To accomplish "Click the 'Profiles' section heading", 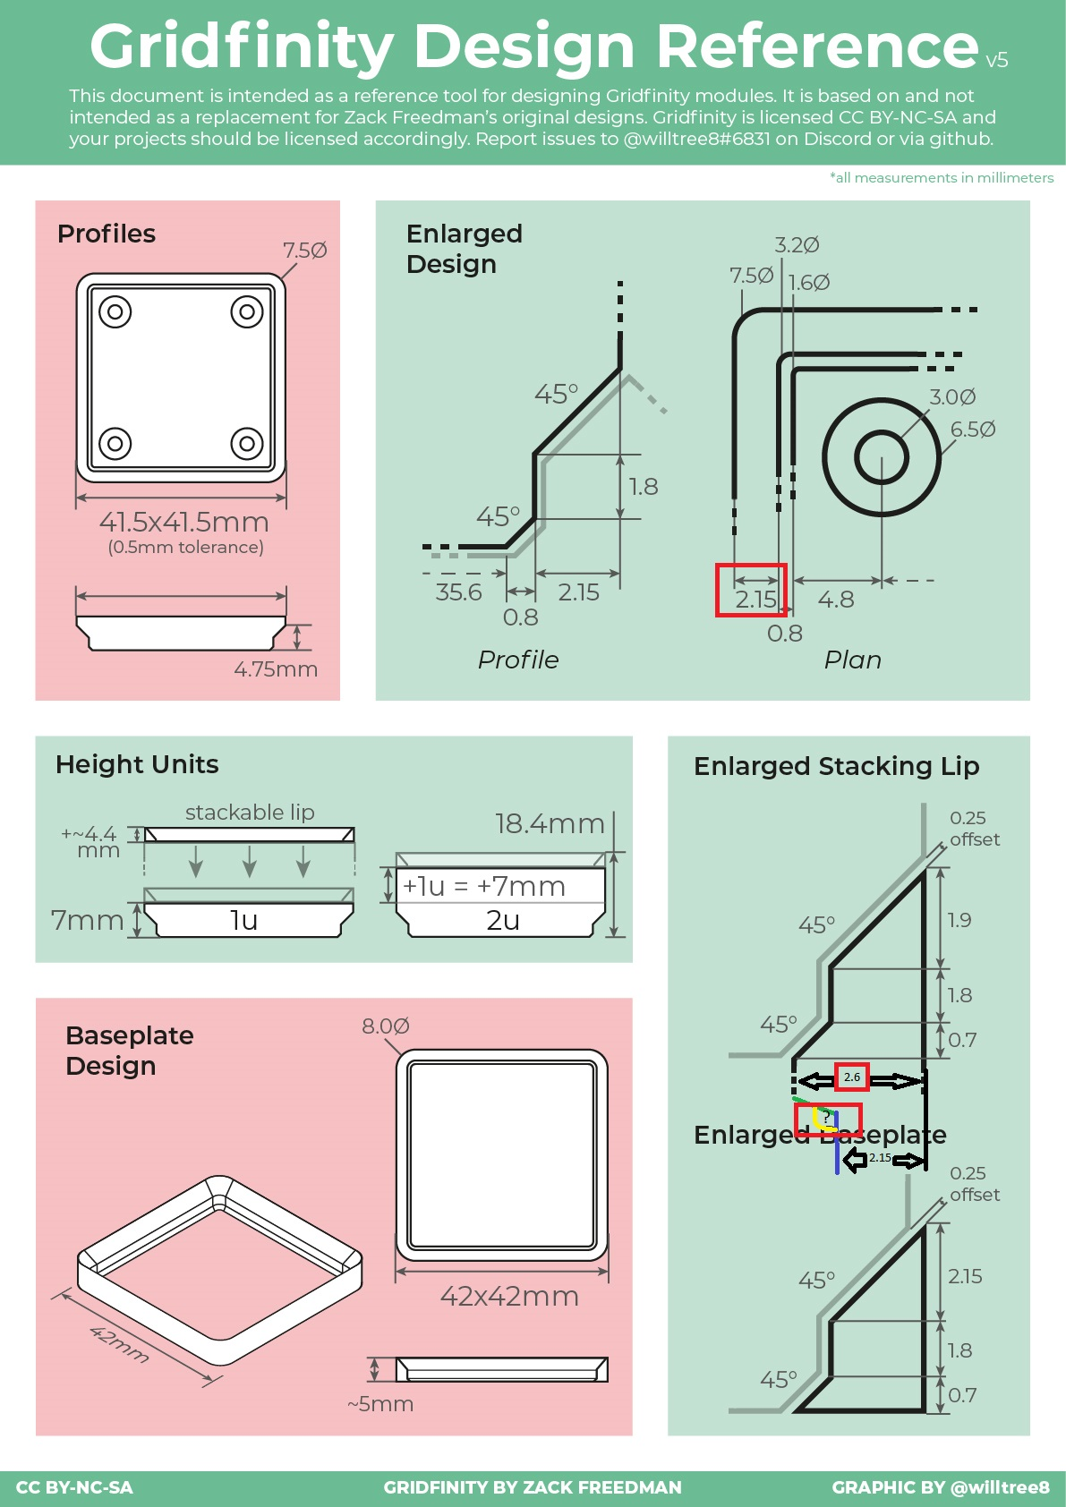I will coord(107,234).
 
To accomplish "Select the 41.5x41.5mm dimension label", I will coord(184,522).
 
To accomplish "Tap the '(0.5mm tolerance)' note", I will coord(186,548).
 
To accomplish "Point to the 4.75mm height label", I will coord(276,669).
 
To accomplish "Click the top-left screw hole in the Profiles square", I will coord(115,312).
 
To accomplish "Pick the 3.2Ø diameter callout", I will coord(797,245).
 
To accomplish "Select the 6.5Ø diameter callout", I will coord(973,430).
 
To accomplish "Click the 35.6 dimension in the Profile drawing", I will coord(458,592).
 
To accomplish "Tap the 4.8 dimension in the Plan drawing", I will coord(836,600).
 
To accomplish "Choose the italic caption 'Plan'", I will coord(852,660).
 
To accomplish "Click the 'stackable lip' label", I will coord(250,813).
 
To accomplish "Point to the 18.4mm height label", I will coord(550,824).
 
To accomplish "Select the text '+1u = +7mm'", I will coord(484,887).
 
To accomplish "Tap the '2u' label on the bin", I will coord(503,921).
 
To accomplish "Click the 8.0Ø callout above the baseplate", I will coord(386,1026).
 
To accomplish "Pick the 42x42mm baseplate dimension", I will coord(509,1297).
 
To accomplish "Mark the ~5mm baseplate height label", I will coord(380,1404).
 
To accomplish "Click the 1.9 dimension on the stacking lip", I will coord(959,921).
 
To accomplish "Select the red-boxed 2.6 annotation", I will coord(852,1077).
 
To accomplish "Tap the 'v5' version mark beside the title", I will coord(996,61).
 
